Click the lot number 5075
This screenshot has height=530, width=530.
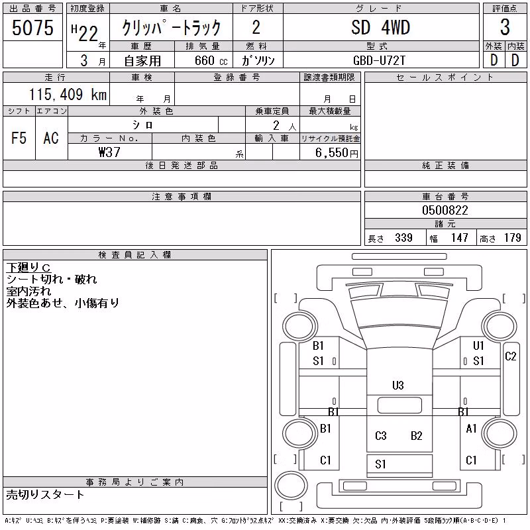click(x=32, y=28)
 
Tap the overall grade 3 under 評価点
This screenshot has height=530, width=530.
click(x=505, y=27)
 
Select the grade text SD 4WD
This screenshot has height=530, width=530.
click(x=380, y=27)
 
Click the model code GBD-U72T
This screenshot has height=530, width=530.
click(x=379, y=60)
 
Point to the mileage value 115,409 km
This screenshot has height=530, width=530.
click(x=68, y=94)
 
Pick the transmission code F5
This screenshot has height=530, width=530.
click(x=19, y=138)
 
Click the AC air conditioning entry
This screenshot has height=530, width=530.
click(x=51, y=138)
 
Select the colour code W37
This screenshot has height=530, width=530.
click(x=109, y=152)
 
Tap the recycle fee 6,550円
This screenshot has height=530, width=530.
click(x=337, y=153)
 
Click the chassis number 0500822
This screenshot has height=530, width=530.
click(x=445, y=210)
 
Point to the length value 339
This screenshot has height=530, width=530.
click(x=403, y=238)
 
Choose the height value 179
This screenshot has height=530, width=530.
click(x=512, y=238)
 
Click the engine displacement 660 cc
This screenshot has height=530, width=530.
click(x=211, y=60)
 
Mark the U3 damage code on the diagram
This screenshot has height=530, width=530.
click(x=398, y=386)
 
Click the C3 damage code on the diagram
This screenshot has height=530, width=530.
click(x=380, y=436)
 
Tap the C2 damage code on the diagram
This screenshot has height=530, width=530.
click(x=510, y=356)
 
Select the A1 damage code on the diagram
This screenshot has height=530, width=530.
click(x=471, y=429)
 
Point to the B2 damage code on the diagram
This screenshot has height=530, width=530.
click(x=417, y=436)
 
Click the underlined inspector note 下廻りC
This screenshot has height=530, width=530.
click(x=28, y=268)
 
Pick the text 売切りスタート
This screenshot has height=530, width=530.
click(x=45, y=495)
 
